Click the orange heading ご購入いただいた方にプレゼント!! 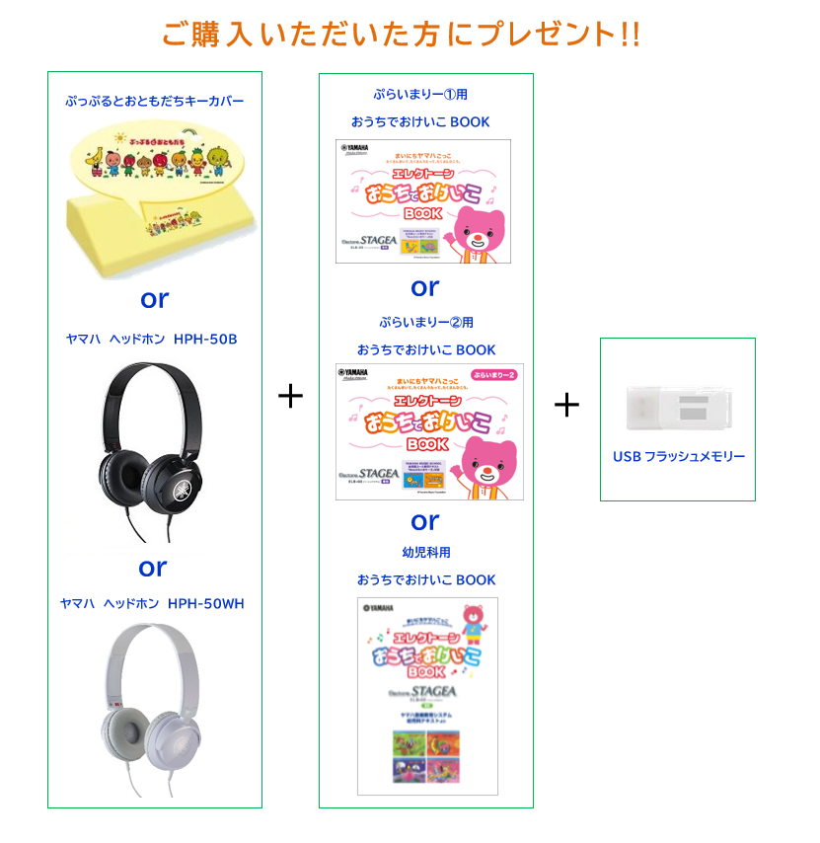coord(401,34)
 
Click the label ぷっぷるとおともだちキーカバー coord(154,101)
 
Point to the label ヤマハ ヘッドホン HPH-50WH coord(152,603)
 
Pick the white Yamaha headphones coord(153,705)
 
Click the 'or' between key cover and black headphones coord(154,297)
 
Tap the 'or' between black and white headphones coord(153,568)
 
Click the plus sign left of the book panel coord(290,397)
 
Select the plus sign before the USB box coord(566,405)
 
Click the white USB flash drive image coord(677,407)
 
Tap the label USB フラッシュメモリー coord(679,456)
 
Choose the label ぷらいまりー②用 coord(426,323)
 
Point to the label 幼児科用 coord(426,553)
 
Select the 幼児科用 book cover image coord(427,695)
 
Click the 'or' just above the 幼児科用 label coord(425,520)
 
